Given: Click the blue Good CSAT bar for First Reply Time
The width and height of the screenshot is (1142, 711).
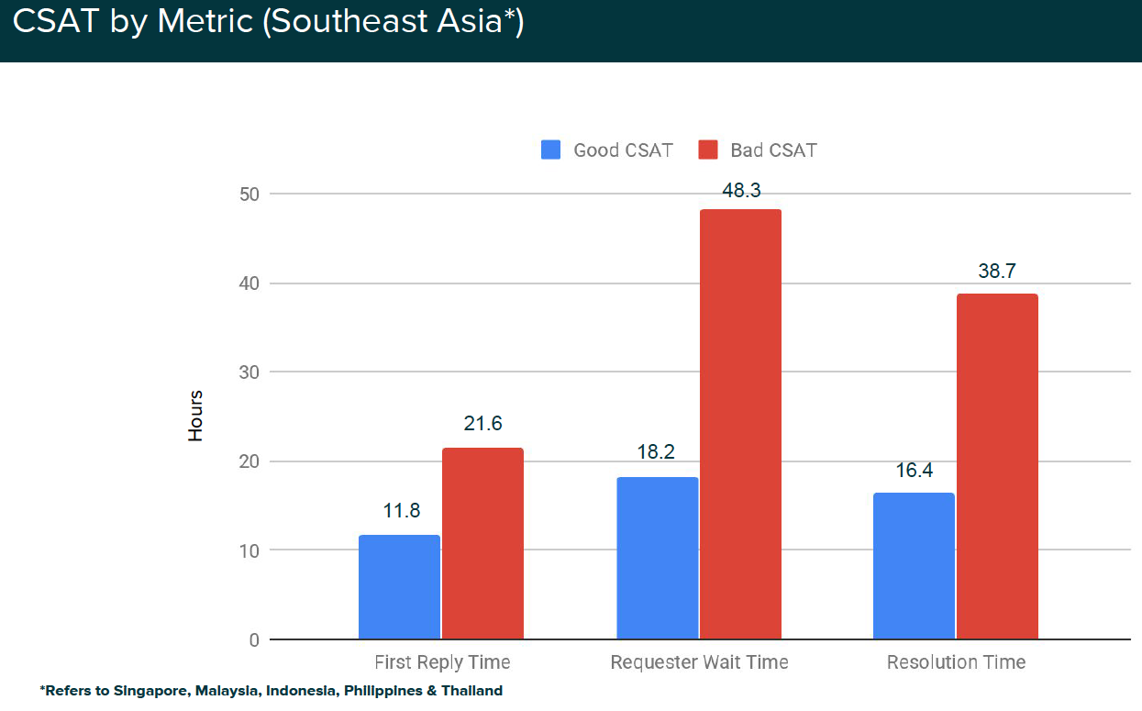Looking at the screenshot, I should click(399, 587).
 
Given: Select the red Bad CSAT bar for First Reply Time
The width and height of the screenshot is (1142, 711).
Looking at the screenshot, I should click(482, 543).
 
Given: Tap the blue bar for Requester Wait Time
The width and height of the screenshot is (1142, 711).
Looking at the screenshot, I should click(657, 558).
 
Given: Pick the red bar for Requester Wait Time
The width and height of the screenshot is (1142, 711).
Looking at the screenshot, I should click(740, 424).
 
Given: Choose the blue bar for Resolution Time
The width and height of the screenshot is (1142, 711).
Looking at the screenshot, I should click(914, 566).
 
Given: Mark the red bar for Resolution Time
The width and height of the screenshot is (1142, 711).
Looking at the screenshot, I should click(997, 466).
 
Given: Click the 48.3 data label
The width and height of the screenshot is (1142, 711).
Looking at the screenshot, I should click(741, 191).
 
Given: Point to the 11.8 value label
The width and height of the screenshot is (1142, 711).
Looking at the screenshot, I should click(401, 511).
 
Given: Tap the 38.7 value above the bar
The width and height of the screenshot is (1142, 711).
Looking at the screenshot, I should click(997, 272).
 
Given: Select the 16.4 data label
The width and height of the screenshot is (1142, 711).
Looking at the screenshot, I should click(915, 470).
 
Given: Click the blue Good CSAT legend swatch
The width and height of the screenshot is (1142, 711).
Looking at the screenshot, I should click(550, 150).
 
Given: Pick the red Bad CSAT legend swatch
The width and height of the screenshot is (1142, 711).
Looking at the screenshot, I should click(707, 150).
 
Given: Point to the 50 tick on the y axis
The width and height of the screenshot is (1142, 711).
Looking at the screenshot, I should click(250, 194).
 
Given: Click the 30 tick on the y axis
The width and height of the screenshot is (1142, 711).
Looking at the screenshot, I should click(250, 372).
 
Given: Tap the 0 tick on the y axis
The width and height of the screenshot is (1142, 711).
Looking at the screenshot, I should click(254, 639).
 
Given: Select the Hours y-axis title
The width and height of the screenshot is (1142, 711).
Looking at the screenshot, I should click(195, 416).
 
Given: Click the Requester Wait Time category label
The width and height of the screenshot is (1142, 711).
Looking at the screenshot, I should click(699, 662).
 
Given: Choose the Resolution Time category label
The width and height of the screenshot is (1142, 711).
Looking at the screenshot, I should click(956, 662).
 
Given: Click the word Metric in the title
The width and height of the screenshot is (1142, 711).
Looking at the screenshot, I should click(205, 21).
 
